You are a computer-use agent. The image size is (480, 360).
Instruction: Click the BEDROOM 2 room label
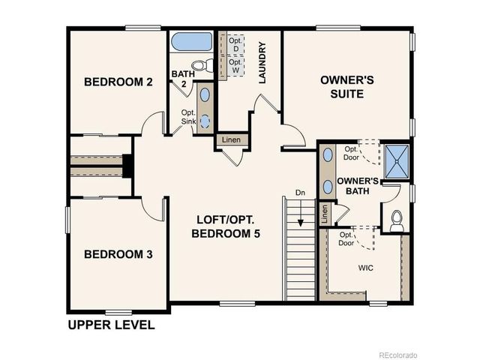pos(118,82)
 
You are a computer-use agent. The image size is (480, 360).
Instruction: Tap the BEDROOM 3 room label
pos(118,255)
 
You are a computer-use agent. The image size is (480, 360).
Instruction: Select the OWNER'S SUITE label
pos(342,86)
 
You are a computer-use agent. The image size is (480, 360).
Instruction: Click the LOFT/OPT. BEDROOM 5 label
pos(226,226)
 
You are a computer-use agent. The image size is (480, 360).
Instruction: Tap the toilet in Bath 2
pos(201,64)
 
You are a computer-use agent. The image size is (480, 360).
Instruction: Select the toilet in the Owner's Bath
pos(397,219)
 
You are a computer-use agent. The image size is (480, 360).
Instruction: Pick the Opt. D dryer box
pos(235,44)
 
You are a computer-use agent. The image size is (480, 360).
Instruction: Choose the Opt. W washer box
pos(235,66)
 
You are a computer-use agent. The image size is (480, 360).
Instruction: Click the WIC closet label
pos(366,267)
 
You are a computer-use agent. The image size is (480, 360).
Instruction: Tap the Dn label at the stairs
pos(300,192)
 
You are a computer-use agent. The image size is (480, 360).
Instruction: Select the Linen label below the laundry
pos(231,140)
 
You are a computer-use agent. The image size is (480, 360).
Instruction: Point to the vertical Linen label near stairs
pos(324,214)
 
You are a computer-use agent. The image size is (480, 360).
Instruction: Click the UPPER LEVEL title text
pos(111,325)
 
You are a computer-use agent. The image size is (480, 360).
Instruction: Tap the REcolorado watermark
pos(397,354)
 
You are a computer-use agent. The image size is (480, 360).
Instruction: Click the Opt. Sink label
pos(188,117)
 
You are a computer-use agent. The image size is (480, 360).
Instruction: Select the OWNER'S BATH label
pos(357,186)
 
